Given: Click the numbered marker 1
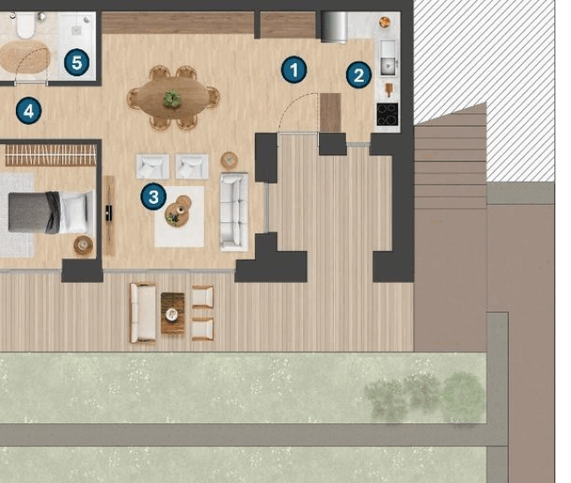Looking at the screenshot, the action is click(x=294, y=69).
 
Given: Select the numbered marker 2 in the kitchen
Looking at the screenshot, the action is click(x=358, y=75).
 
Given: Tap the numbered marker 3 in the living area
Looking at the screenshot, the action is click(x=154, y=197).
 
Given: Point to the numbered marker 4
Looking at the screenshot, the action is click(x=29, y=111).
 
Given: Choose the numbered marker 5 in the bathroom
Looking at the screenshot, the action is click(x=76, y=62).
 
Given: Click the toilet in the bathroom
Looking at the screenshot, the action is click(x=25, y=25).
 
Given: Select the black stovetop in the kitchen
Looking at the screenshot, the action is click(x=387, y=114).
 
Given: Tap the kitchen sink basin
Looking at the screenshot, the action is click(x=388, y=58).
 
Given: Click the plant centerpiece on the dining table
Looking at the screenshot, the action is click(x=172, y=98).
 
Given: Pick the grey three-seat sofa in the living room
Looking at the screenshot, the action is click(x=235, y=212).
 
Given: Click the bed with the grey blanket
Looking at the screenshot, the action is click(x=50, y=213).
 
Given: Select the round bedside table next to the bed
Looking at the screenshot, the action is click(x=83, y=244).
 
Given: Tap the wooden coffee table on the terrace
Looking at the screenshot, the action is click(x=172, y=313).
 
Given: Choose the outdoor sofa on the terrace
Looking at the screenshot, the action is click(x=143, y=313).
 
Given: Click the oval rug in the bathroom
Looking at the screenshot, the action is click(x=25, y=57).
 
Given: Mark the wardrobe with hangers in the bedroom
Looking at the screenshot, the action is click(x=51, y=155).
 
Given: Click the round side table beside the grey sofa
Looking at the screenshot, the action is click(x=229, y=160).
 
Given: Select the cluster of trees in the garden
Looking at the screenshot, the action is click(x=425, y=398).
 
